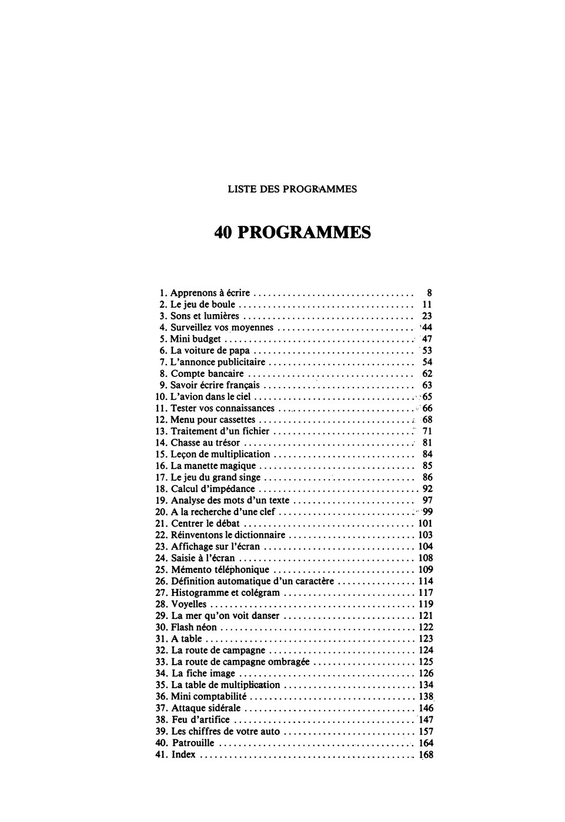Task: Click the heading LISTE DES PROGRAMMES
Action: coord(292,189)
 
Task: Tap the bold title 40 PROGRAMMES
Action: coord(292,233)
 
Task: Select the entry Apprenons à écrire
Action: coord(210,292)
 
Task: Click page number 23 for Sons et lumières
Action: coord(427,316)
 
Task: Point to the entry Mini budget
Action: coord(195,339)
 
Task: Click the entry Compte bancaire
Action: coord(207,373)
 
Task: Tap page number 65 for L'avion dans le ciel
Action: coord(427,397)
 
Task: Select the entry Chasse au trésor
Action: coord(205,443)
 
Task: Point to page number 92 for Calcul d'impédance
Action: coord(427,489)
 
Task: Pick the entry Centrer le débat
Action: coord(206,523)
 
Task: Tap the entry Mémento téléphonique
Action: coord(220,570)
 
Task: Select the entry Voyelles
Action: coord(189,604)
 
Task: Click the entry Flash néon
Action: coord(194,627)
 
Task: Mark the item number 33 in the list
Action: coord(161,662)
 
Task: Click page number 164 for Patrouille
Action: coord(426,743)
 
